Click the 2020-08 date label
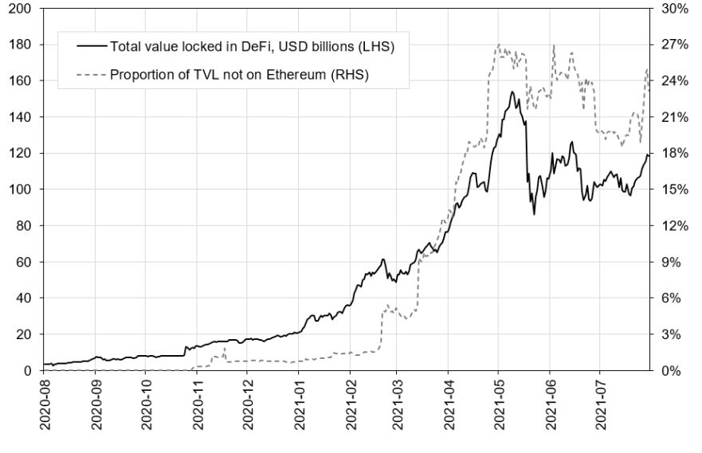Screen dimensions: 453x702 pos(45,406)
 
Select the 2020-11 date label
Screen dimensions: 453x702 pos(197,406)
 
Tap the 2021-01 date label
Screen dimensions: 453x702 pos(298,406)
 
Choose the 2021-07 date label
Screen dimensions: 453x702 pos(600,406)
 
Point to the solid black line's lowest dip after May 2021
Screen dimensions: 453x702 pos(534,214)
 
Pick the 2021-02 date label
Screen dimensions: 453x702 pos(349,406)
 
